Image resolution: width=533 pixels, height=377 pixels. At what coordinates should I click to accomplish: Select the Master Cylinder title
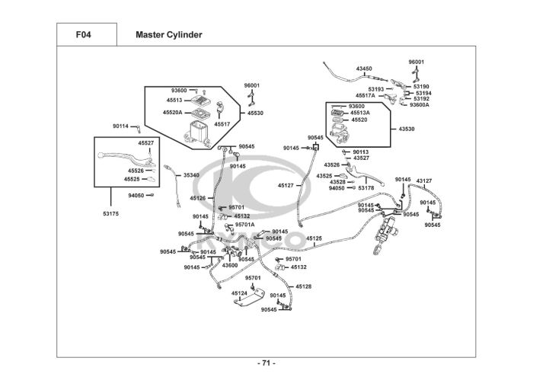coord(168,34)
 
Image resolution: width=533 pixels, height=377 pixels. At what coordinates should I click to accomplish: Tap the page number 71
coord(266,362)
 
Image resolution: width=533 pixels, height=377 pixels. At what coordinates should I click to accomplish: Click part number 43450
coord(364,69)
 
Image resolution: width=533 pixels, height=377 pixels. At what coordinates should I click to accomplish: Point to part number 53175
coord(111,214)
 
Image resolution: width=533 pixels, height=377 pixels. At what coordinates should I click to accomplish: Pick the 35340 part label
coord(191,175)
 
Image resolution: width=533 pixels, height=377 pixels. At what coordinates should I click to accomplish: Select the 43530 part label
coord(407,129)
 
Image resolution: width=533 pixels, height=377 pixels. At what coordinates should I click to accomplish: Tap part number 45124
coord(239,293)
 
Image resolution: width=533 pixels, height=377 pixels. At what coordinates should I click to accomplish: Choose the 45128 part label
coord(304,286)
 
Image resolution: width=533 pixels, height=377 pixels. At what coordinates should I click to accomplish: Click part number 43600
coord(230,265)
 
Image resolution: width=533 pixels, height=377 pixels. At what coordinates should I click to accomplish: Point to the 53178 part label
coord(366,188)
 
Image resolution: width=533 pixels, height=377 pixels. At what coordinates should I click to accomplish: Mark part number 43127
coord(424,181)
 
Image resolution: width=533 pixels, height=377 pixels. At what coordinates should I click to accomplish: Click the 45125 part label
coord(314,238)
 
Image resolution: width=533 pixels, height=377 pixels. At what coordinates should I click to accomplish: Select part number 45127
coord(286,185)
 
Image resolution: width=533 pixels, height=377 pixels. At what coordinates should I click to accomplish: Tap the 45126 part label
coord(197,198)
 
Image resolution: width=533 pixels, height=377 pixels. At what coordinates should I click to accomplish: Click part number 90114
coord(120,126)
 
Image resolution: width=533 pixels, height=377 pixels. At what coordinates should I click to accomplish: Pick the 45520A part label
coord(173,112)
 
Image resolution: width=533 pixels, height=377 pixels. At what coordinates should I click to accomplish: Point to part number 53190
coord(422,87)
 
